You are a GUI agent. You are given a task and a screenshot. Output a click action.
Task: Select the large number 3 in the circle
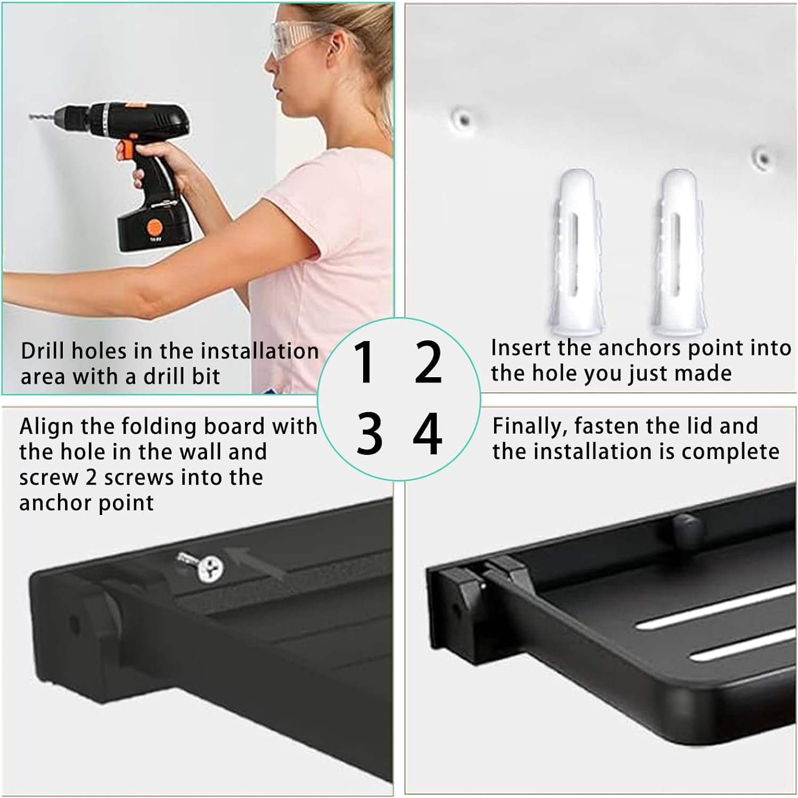tap(369, 434)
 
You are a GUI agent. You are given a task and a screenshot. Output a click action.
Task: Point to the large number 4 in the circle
tap(427, 434)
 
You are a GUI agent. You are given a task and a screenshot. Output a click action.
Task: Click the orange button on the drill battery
tap(154, 227)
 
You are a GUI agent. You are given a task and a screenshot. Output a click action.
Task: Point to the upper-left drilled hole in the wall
tap(463, 119)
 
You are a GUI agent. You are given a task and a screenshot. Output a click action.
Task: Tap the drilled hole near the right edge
tap(763, 157)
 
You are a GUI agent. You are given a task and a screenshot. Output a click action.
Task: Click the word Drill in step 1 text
tap(44, 351)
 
